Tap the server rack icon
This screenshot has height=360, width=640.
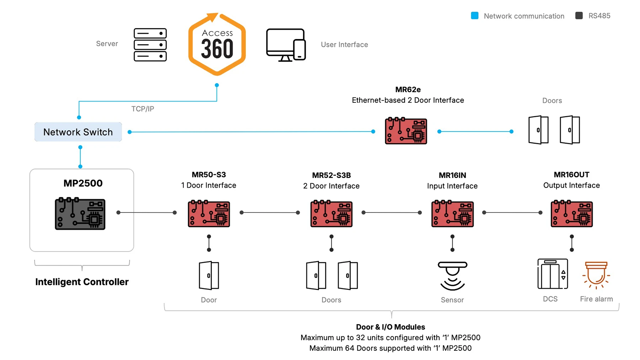[150, 45]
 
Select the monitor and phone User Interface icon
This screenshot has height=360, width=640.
[286, 45]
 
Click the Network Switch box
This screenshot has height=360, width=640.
[78, 132]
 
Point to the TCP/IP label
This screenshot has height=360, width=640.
[143, 109]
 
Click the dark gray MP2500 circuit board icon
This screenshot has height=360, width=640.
[80, 214]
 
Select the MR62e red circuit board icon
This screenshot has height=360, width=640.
[406, 131]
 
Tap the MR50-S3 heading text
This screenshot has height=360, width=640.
[209, 174]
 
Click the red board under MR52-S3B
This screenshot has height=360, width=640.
[331, 214]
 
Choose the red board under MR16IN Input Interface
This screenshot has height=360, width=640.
[452, 214]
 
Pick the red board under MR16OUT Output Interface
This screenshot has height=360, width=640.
[571, 214]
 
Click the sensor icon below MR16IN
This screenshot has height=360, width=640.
[452, 276]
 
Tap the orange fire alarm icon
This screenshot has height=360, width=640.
[596, 275]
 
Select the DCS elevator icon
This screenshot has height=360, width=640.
[552, 274]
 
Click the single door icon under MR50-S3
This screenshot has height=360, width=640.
[209, 275]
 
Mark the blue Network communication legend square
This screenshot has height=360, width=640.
[475, 16]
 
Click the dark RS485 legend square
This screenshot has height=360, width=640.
[579, 16]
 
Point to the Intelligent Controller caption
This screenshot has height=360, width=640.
[82, 282]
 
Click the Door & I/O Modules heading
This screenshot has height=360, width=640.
[390, 327]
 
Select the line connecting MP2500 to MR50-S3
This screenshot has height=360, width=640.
[146, 213]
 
